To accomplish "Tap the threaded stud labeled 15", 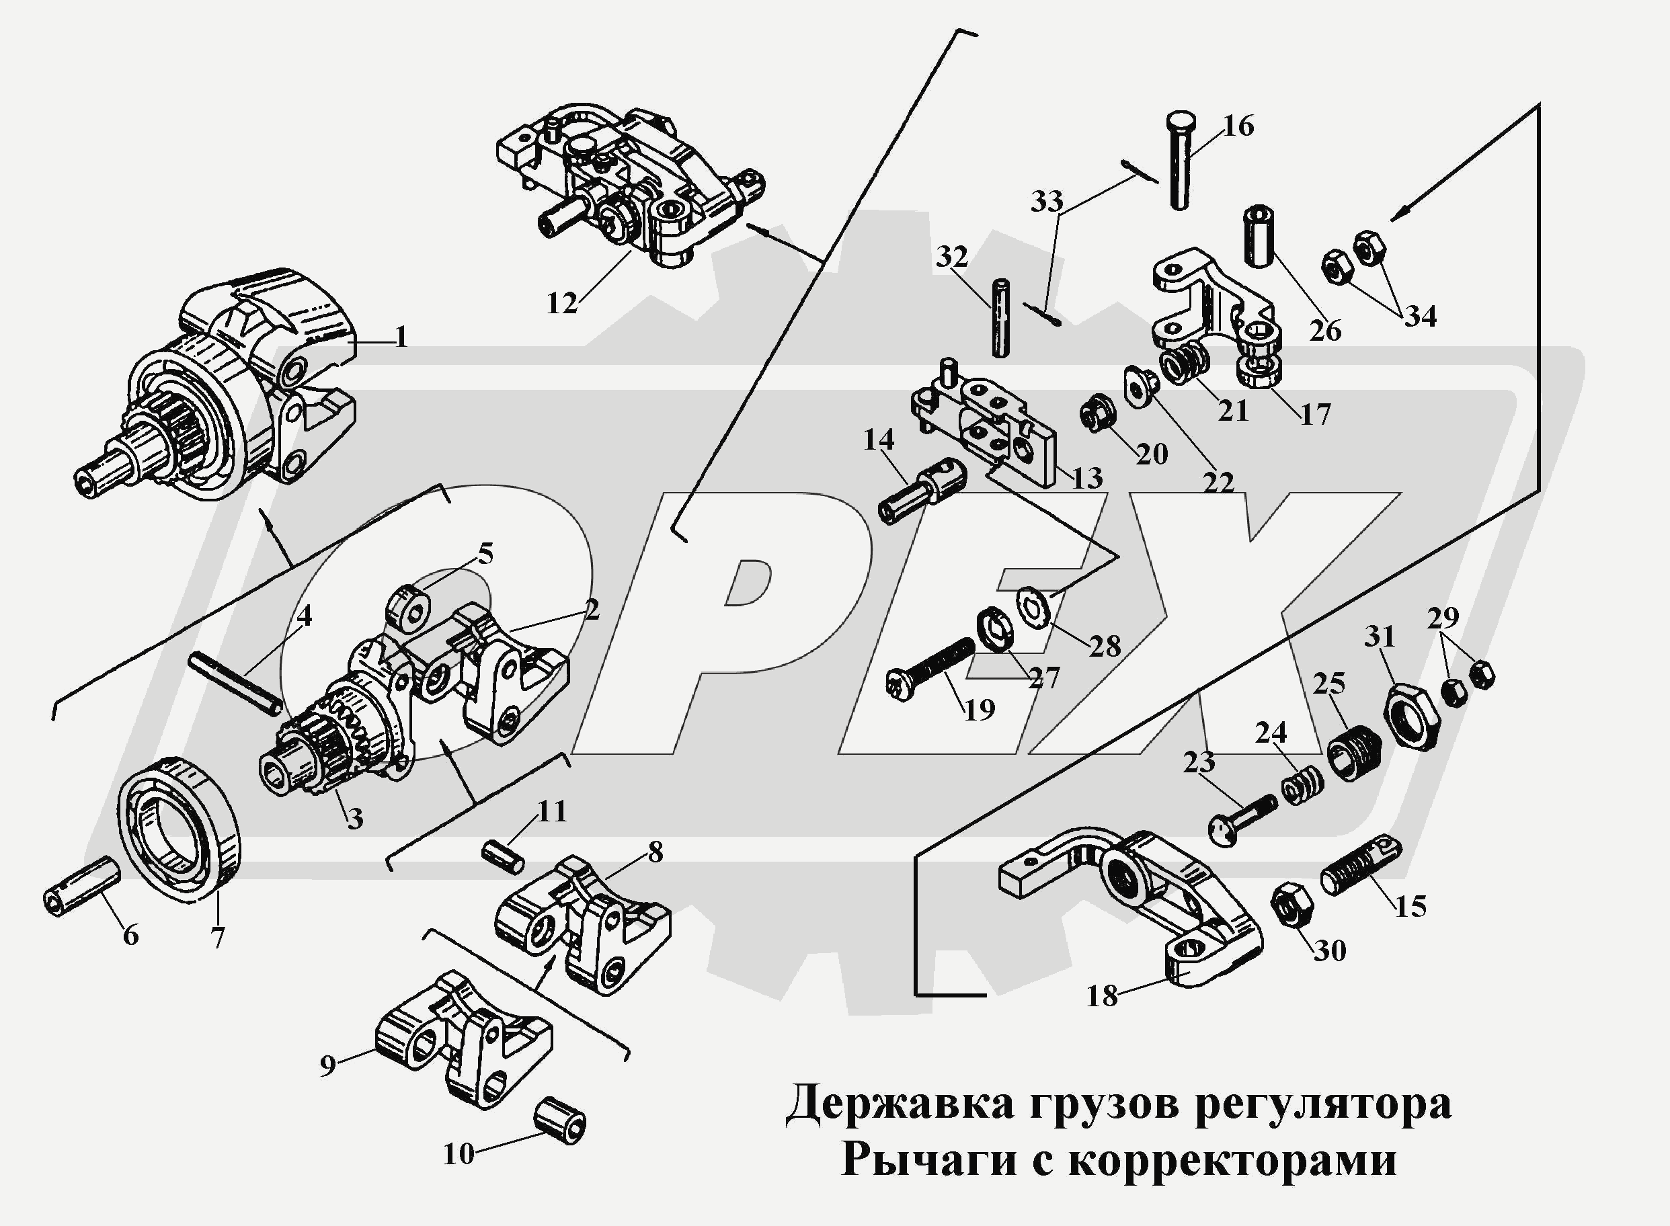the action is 1360,867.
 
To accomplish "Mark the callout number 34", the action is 1419,317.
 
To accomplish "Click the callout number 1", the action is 401,337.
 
